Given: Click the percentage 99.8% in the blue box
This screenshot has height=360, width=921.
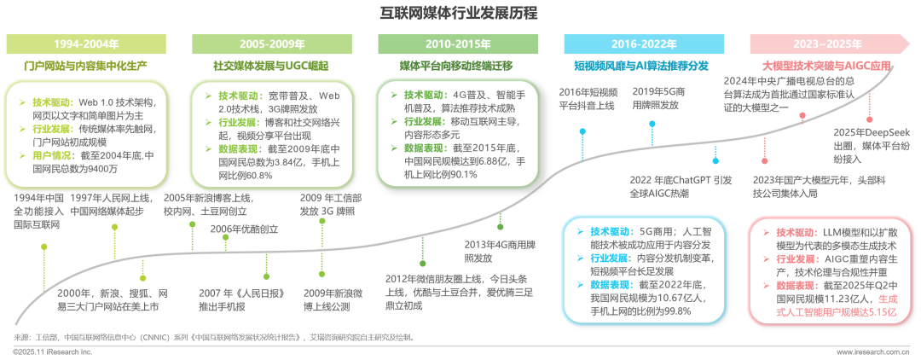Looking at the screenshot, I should (673, 311).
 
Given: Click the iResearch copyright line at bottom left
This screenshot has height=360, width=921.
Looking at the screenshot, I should (52, 351).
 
